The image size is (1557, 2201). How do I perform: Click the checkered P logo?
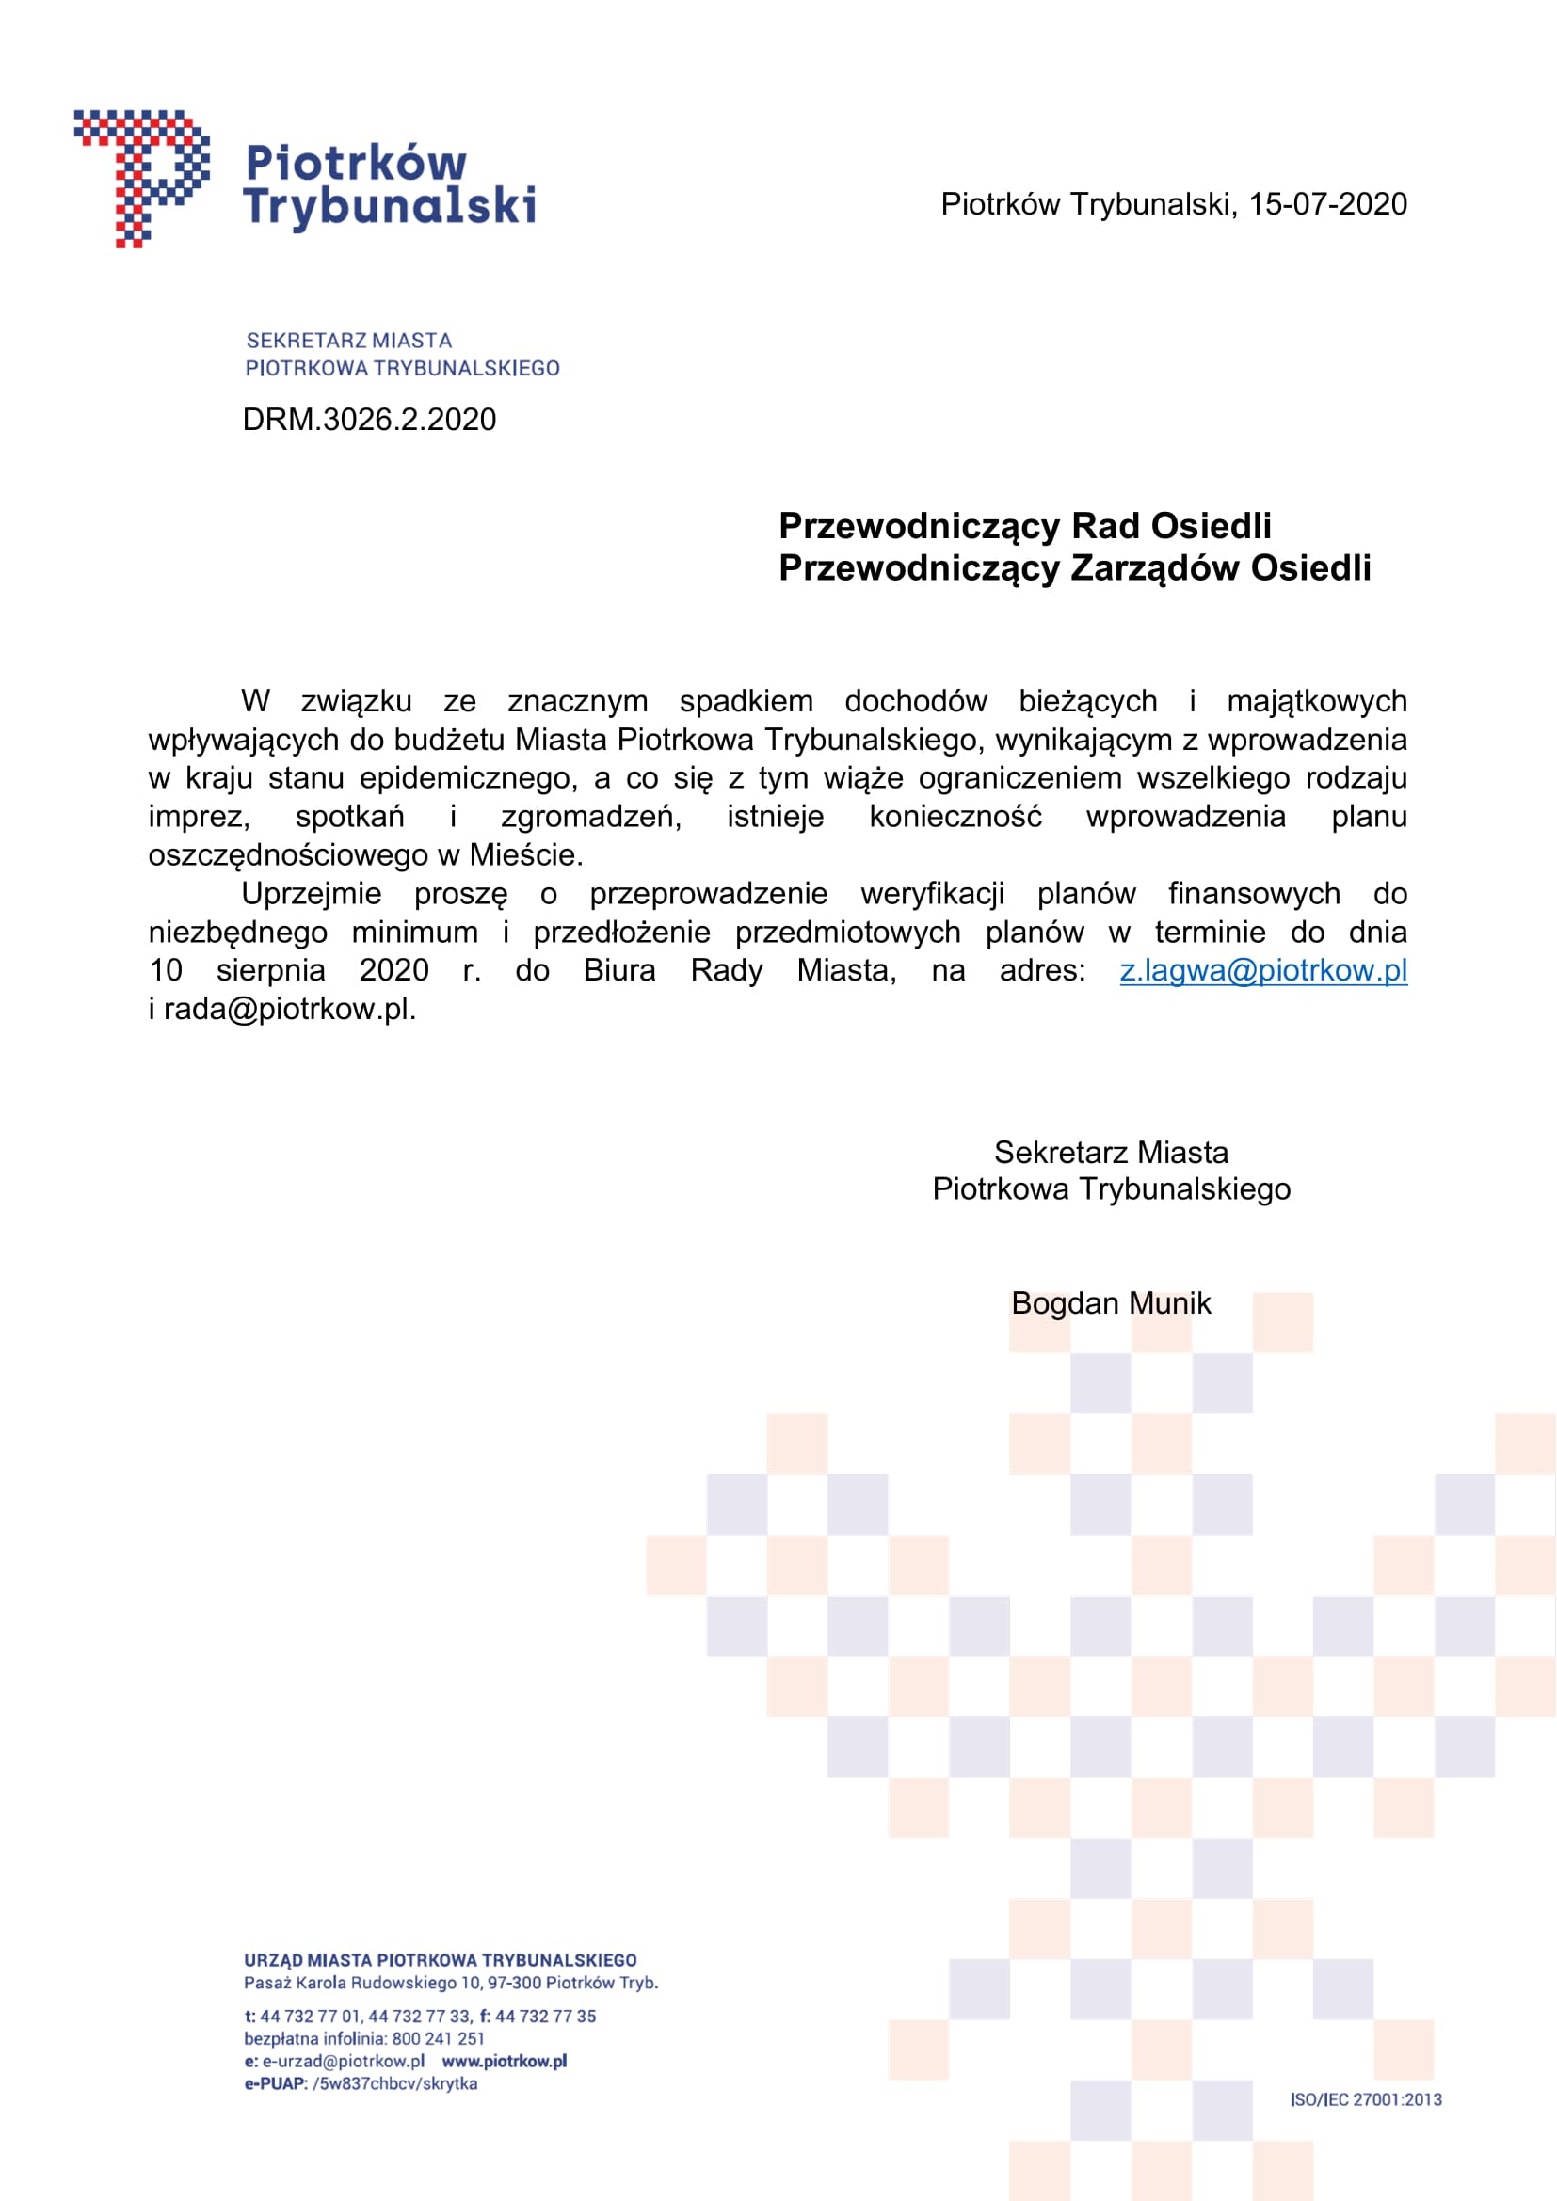click(142, 177)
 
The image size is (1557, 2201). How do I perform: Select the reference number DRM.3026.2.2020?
click(369, 420)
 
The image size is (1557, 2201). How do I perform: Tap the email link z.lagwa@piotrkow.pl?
click(1262, 970)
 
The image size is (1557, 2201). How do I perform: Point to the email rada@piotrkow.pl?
click(289, 1009)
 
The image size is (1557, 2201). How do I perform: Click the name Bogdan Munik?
click(1110, 1302)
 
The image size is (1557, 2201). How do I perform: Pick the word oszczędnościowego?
click(288, 854)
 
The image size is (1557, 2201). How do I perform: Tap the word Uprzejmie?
click(312, 893)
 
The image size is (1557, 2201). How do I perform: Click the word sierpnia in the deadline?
click(270, 970)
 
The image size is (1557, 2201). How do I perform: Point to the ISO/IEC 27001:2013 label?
click(1365, 2099)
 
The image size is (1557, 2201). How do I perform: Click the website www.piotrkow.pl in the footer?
click(505, 2061)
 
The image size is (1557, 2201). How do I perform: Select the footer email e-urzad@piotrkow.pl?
click(344, 2061)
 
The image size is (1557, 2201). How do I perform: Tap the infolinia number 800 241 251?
click(438, 2039)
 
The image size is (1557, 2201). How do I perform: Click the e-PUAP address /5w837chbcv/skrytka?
click(395, 2083)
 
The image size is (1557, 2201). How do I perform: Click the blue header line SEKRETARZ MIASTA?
click(349, 341)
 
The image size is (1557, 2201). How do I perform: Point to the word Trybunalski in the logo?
click(390, 206)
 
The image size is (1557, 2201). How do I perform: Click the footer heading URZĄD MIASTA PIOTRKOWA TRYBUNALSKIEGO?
click(440, 1960)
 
